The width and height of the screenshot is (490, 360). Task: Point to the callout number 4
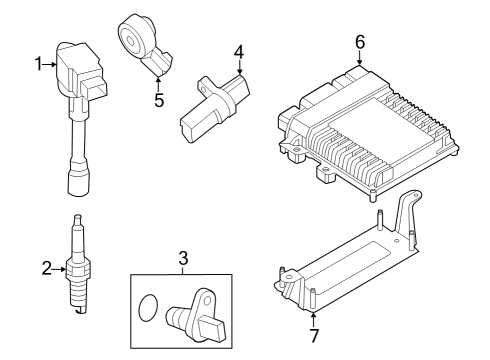pyautogui.click(x=239, y=51)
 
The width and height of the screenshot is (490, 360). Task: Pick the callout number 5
pyautogui.click(x=157, y=100)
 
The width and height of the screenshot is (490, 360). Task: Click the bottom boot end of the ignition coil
pyautogui.click(x=76, y=184)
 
